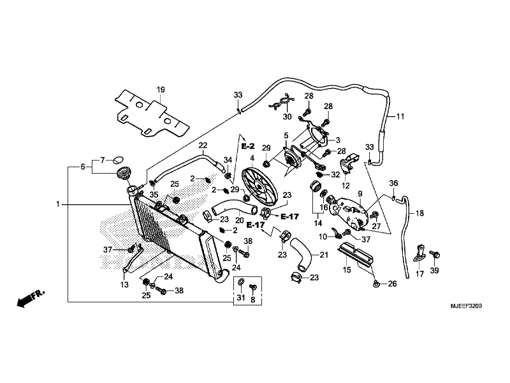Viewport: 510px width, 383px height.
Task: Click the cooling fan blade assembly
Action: pos(259,186)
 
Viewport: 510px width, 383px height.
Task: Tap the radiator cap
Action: pos(124,172)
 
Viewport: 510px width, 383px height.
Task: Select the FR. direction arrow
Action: pos(30,297)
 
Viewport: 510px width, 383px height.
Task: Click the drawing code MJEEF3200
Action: pos(466,306)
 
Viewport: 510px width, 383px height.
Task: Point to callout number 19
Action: pos(161,89)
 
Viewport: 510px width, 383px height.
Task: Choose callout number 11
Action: pos(400,116)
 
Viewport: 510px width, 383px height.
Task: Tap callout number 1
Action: pos(58,204)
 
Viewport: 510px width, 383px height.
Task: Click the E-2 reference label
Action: pos(248,146)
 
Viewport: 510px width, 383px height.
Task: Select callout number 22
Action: pos(203,146)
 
